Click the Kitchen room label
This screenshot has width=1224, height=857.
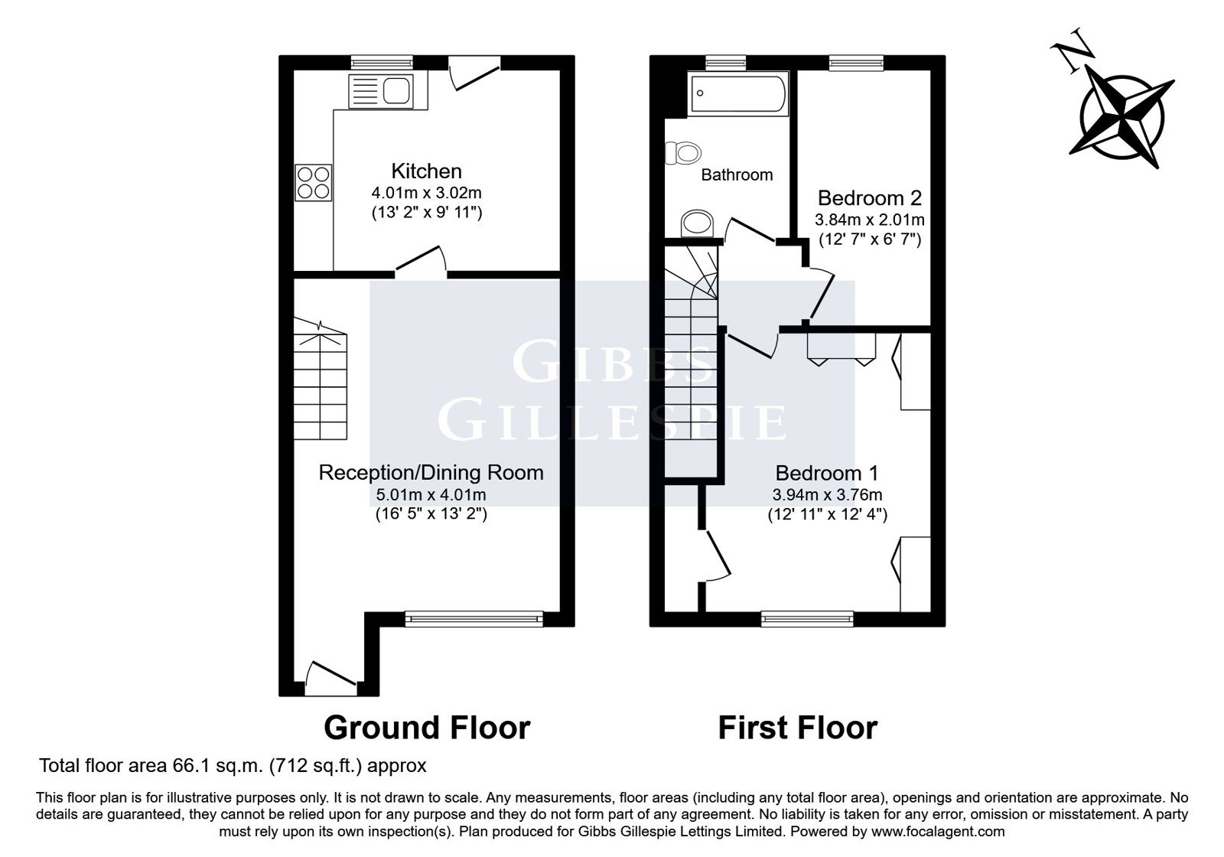click(426, 171)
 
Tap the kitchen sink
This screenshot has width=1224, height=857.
click(381, 91)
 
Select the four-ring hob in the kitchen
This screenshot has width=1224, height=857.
click(314, 183)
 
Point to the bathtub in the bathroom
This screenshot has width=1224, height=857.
click(737, 93)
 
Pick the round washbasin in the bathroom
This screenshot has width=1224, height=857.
click(697, 223)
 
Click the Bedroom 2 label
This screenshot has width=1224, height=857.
click(869, 198)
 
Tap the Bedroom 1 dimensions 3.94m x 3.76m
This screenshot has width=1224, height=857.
click(827, 495)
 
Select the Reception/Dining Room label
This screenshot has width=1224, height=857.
click(431, 473)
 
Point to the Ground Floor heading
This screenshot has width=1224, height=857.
click(427, 728)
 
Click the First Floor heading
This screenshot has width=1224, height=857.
click(798, 728)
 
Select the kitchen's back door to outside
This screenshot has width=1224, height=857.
click(474, 72)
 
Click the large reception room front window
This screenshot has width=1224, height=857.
click(474, 619)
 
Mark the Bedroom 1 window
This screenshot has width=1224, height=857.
click(807, 619)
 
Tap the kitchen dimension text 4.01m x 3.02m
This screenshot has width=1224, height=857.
click(426, 193)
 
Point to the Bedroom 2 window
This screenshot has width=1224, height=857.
click(856, 63)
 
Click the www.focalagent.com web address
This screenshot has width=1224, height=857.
click(938, 831)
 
